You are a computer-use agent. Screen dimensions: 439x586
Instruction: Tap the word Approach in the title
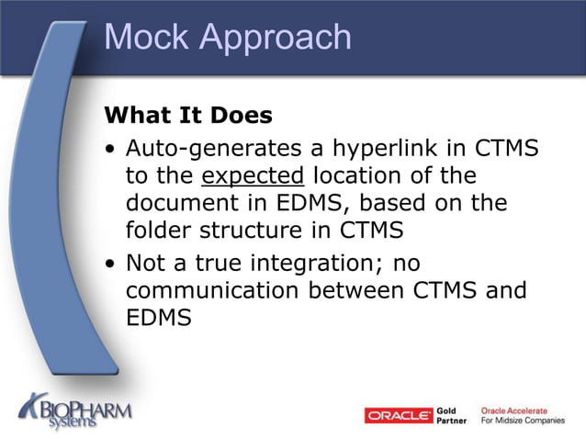pyautogui.click(x=275, y=39)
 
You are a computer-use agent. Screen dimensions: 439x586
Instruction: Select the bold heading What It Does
pyautogui.click(x=188, y=116)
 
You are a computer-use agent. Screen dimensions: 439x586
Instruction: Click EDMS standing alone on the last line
pyautogui.click(x=158, y=318)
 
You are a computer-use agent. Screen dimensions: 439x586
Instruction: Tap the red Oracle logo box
pyautogui.click(x=399, y=416)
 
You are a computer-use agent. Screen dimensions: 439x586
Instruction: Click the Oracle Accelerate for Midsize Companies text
pyautogui.click(x=523, y=416)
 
